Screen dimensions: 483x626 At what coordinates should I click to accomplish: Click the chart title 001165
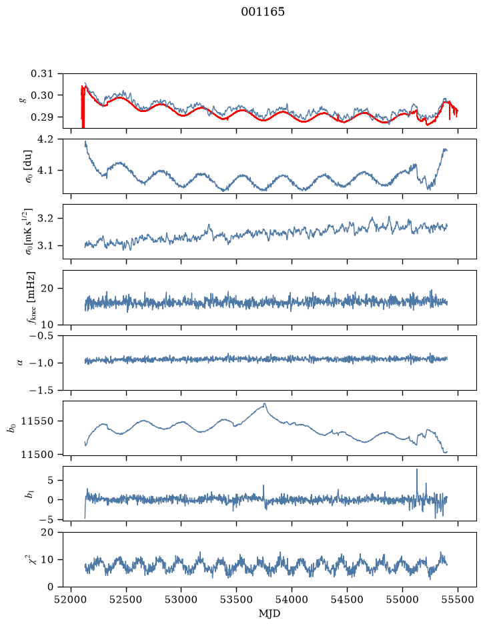pyautogui.click(x=262, y=12)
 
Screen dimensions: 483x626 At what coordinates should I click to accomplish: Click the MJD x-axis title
pyautogui.click(x=270, y=613)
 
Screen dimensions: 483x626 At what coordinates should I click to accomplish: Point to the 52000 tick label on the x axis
pyautogui.click(x=71, y=600)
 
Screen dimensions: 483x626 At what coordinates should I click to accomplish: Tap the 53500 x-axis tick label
pyautogui.click(x=237, y=600)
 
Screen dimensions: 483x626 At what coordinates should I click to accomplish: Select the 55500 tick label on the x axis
pyautogui.click(x=458, y=600)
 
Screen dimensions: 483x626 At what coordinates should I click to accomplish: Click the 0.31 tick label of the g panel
pyautogui.click(x=41, y=73)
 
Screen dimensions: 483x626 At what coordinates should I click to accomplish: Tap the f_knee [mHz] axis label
pyautogui.click(x=31, y=297)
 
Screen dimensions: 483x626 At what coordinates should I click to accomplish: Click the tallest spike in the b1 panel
pyautogui.click(x=417, y=469)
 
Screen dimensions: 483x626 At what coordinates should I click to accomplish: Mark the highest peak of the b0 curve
pyautogui.click(x=264, y=403)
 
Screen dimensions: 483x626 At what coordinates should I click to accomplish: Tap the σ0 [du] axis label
pyautogui.click(x=29, y=166)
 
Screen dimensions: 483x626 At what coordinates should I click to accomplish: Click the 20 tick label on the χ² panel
pyautogui.click(x=47, y=532)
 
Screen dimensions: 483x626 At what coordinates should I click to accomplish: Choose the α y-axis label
pyautogui.click(x=21, y=363)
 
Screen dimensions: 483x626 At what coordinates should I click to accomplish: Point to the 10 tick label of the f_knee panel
pyautogui.click(x=47, y=324)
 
